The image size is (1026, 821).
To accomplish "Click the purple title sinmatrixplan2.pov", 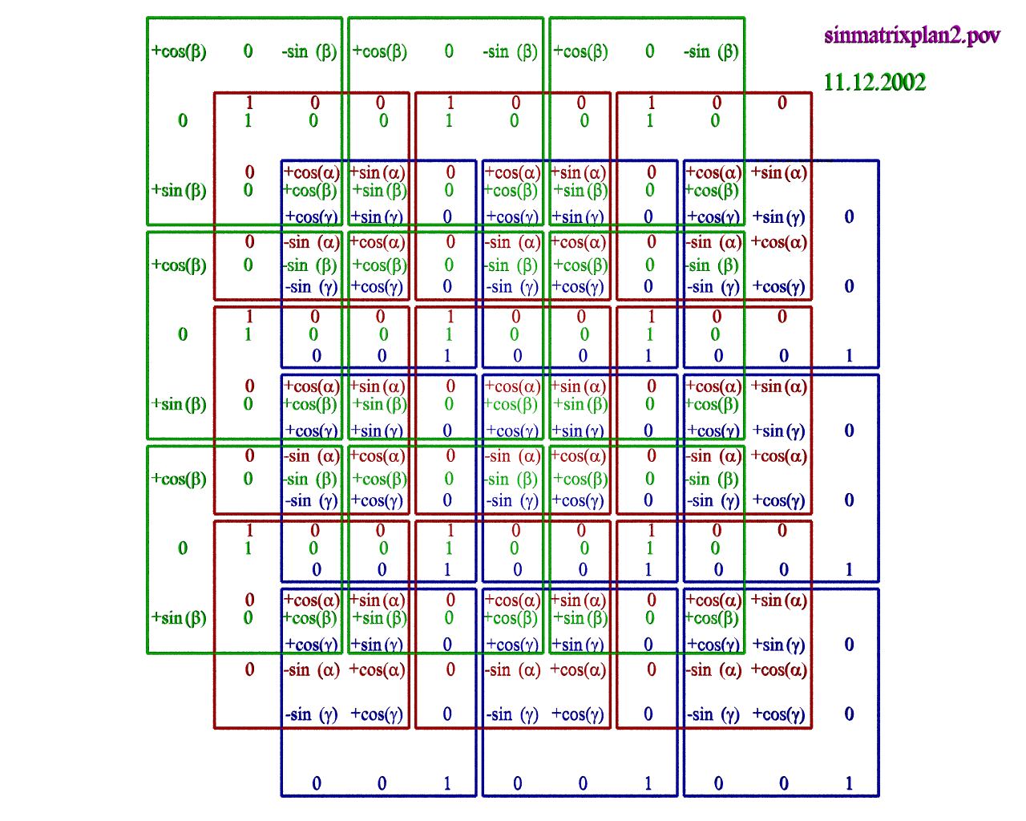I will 911,35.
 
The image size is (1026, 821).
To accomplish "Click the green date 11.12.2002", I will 875,83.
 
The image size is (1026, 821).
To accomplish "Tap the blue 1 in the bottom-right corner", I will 849,783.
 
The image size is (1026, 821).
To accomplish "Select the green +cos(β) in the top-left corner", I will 179,51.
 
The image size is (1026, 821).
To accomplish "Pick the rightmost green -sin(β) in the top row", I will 711,51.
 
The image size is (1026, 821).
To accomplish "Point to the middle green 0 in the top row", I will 449,51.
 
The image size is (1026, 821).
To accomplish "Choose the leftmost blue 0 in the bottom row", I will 317,783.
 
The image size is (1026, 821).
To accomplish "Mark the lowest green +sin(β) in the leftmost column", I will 179,618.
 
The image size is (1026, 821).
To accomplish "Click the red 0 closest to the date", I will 782,103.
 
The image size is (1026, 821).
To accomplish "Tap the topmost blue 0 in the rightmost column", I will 849,216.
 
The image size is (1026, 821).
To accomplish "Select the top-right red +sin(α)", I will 778,172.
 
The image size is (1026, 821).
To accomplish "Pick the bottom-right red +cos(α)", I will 778,670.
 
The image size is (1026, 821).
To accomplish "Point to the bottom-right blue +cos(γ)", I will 778,714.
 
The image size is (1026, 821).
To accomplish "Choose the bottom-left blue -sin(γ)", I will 311,714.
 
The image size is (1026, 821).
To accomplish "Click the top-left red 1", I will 249,103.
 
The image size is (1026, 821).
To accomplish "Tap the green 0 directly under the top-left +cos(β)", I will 183,120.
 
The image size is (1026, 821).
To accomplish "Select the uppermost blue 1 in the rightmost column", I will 849,355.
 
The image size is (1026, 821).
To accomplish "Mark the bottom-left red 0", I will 249,669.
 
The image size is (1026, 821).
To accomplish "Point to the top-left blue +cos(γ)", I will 311,216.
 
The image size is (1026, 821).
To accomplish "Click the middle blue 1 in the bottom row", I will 648,783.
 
